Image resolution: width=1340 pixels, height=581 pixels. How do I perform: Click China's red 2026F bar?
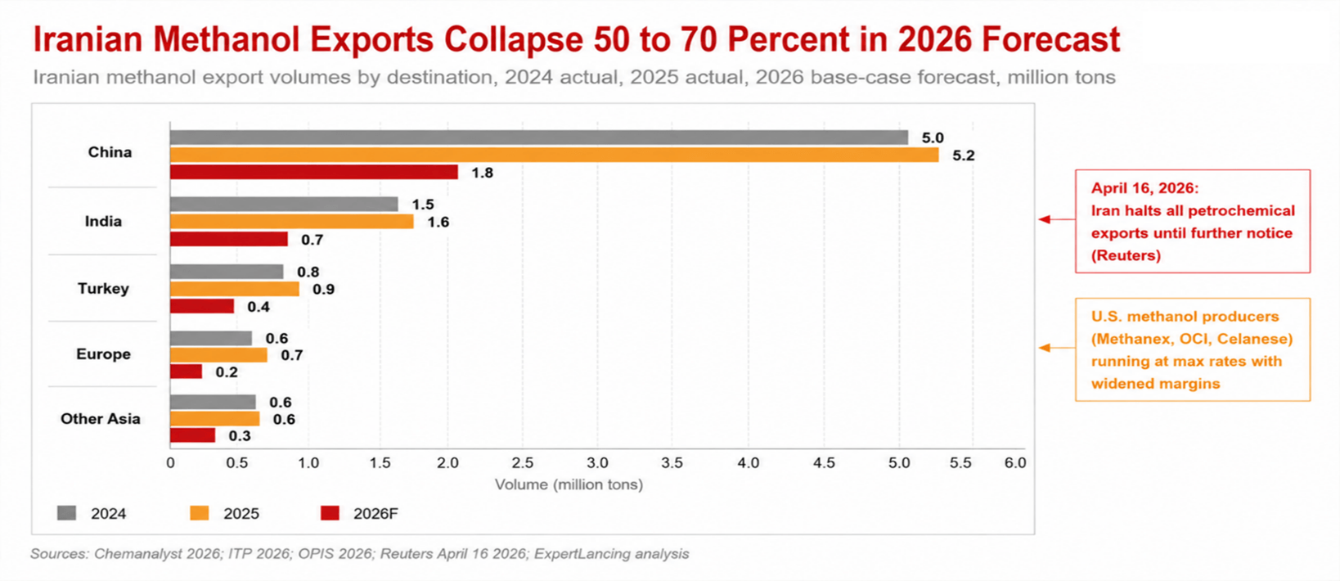pyautogui.click(x=314, y=173)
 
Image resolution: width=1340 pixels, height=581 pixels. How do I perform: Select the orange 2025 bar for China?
pyautogui.click(x=555, y=155)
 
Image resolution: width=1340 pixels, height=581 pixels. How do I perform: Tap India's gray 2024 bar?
pyautogui.click(x=284, y=204)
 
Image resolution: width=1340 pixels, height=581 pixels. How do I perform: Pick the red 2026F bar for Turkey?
pyautogui.click(x=202, y=306)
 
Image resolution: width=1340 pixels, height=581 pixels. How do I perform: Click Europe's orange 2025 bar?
pyautogui.click(x=219, y=355)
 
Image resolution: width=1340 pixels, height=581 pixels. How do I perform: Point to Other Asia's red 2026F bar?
pyautogui.click(x=192, y=435)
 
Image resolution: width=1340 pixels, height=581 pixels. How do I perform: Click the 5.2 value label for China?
pyautogui.click(x=963, y=155)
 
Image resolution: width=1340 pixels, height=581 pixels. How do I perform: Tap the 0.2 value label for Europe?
pyautogui.click(x=227, y=372)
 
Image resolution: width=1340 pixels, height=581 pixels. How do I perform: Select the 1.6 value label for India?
pyautogui.click(x=438, y=223)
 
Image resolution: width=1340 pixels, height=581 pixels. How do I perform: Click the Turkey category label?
pyautogui.click(x=104, y=288)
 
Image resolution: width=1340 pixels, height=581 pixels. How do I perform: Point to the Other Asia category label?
pyautogui.click(x=101, y=419)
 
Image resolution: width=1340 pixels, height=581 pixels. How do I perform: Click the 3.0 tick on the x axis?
pyautogui.click(x=597, y=463)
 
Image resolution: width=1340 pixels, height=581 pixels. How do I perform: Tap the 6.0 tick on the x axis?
pyautogui.click(x=1015, y=463)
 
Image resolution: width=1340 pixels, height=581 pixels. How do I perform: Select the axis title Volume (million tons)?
pyautogui.click(x=569, y=484)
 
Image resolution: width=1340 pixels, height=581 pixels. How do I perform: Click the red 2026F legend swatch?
pyautogui.click(x=331, y=513)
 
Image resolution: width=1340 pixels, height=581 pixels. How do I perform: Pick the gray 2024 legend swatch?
pyautogui.click(x=66, y=513)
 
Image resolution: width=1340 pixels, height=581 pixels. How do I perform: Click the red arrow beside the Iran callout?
pyautogui.click(x=1057, y=219)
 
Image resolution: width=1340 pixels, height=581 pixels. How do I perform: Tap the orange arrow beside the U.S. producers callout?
pyautogui.click(x=1057, y=348)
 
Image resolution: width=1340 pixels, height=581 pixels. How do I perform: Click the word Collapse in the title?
pyautogui.click(x=513, y=40)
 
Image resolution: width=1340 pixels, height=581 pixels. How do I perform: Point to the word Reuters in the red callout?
pyautogui.click(x=1126, y=256)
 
